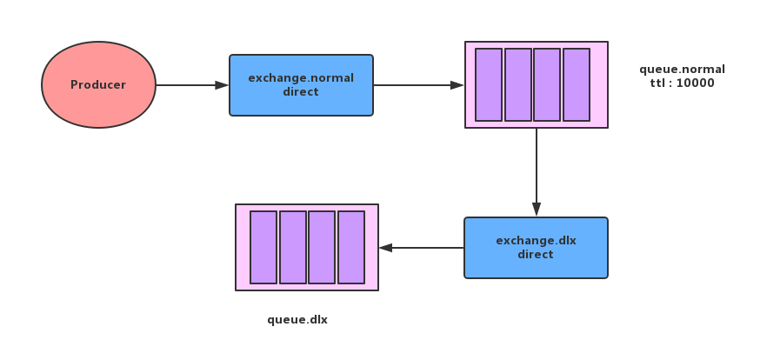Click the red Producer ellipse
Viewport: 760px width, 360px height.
point(98,85)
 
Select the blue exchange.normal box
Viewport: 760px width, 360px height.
point(301,85)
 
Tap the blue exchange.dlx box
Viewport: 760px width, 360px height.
point(536,248)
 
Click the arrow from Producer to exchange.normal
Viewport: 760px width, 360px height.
point(192,85)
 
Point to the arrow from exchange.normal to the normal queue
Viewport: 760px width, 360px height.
point(419,85)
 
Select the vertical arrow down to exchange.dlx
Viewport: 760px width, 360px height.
point(537,172)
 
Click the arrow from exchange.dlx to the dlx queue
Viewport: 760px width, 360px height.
point(421,248)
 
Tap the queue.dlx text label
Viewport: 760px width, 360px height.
point(297,320)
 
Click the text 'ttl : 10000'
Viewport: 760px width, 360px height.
point(682,83)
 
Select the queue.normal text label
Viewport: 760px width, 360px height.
point(682,70)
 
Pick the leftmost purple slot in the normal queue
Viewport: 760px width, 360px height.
point(489,84)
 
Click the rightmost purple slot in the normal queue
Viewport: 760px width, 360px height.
point(577,84)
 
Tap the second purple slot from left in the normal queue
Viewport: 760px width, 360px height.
point(517,84)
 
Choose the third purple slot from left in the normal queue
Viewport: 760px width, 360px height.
point(547,84)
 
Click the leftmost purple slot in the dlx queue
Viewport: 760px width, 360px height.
point(263,247)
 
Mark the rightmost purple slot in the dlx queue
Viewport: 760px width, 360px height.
point(351,247)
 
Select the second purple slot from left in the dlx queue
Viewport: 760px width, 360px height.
point(293,247)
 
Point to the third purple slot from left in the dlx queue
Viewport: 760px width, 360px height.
point(322,247)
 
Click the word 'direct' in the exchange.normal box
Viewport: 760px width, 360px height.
point(301,92)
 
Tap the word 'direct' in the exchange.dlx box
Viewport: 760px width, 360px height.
point(536,255)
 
